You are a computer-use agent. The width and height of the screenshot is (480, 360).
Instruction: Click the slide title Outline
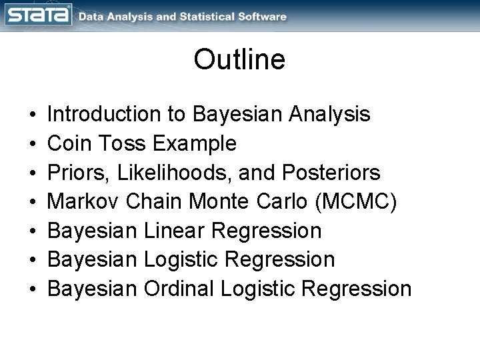click(239, 59)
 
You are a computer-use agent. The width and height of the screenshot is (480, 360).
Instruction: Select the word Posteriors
click(331, 173)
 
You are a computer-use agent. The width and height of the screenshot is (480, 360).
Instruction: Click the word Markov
click(83, 201)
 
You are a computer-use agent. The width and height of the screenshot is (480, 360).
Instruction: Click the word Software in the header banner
click(257, 17)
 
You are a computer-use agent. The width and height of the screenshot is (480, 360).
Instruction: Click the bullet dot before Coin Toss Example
click(33, 144)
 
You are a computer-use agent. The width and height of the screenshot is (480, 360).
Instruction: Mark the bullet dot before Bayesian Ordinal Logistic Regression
click(33, 289)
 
